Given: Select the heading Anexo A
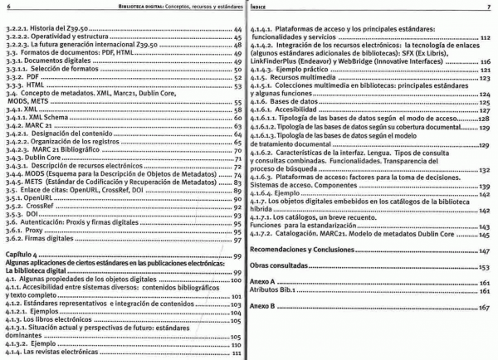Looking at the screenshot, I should click(265, 283).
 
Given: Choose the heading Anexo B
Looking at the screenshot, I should click(265, 308).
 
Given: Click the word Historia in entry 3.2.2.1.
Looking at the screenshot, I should click(45, 27).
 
